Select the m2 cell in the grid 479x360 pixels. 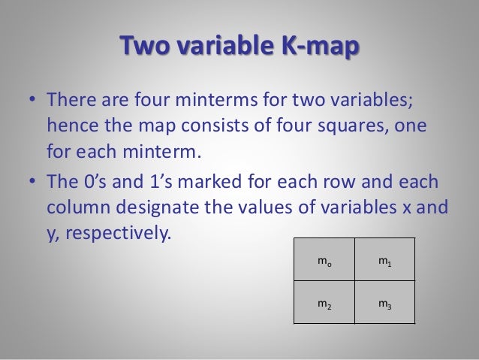tap(324, 302)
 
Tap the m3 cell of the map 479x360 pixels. tap(384, 302)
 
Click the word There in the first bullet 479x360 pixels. tap(72, 100)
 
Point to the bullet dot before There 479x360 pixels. tap(32, 101)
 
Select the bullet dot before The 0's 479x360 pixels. tap(32, 183)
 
